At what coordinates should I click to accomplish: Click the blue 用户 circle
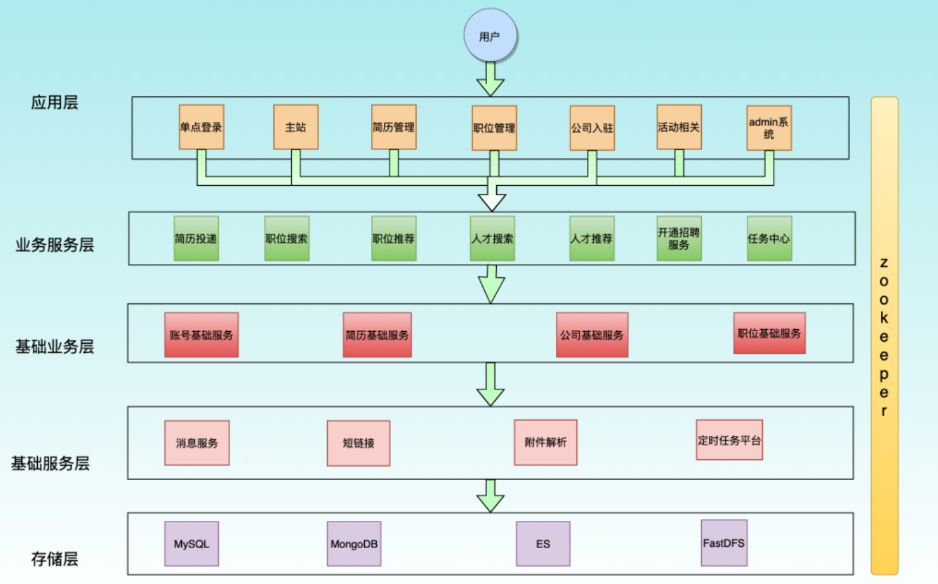click(x=490, y=36)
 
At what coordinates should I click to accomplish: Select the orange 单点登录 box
click(x=201, y=127)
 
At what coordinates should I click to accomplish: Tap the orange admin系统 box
click(x=769, y=127)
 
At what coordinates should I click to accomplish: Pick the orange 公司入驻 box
click(x=592, y=127)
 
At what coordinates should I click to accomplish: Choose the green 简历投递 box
click(x=196, y=238)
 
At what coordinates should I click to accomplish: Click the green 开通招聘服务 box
click(x=679, y=238)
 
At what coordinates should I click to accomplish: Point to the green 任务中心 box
click(x=769, y=238)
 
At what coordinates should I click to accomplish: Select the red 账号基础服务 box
click(x=201, y=335)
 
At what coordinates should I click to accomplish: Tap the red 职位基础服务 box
click(x=769, y=333)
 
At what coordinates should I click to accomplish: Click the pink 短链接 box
click(x=358, y=443)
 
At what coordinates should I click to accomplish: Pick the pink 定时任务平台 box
click(x=729, y=440)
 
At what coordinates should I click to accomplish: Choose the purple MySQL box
click(x=191, y=544)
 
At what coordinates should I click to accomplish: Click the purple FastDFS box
click(x=724, y=543)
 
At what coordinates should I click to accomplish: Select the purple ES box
click(x=543, y=544)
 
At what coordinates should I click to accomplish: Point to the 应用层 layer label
click(x=54, y=102)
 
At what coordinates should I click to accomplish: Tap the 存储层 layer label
click(x=54, y=559)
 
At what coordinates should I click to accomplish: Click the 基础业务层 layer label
click(x=54, y=346)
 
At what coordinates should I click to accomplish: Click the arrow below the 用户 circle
click(x=490, y=79)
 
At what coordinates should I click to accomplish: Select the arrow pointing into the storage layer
click(x=490, y=496)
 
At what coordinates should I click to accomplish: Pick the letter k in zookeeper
click(x=884, y=318)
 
